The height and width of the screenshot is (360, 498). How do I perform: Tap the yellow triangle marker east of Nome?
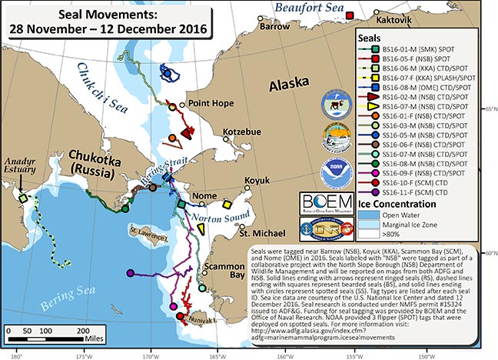click(227, 205)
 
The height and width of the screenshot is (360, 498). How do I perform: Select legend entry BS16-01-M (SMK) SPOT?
click(420, 49)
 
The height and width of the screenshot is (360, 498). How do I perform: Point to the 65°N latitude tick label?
click(488, 109)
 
